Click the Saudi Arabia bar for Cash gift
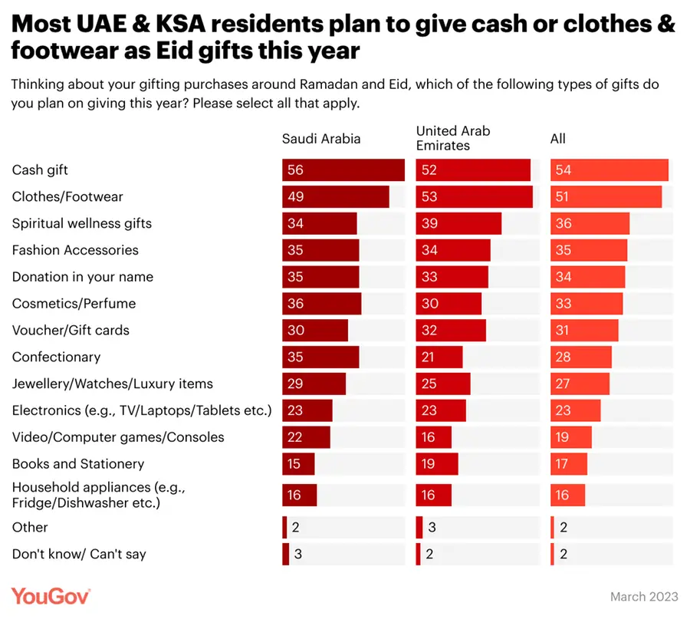(x=343, y=170)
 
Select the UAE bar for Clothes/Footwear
(x=474, y=197)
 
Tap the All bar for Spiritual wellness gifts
(x=590, y=224)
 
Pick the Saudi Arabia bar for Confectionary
(x=320, y=357)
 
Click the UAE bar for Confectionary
(x=439, y=357)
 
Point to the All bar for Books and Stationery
(x=569, y=464)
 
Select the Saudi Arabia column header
(x=321, y=139)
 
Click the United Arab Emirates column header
(x=453, y=138)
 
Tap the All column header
(x=558, y=139)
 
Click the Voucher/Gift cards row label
(x=71, y=331)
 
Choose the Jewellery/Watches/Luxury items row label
(x=113, y=384)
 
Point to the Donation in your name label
(x=83, y=277)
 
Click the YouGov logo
(x=51, y=596)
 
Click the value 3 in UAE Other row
(x=431, y=528)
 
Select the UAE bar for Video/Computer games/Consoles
(x=434, y=437)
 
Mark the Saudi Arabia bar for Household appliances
(x=299, y=496)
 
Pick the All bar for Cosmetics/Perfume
(x=586, y=304)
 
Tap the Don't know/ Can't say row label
(x=79, y=554)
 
